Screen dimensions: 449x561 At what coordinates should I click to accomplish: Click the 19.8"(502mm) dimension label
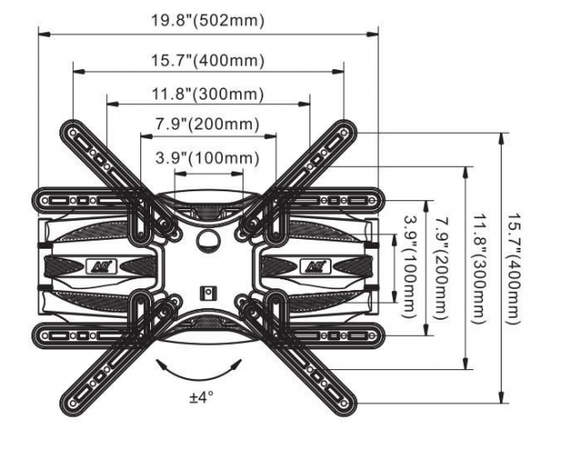[207, 21]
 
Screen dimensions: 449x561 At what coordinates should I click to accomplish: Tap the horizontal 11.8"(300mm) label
[207, 93]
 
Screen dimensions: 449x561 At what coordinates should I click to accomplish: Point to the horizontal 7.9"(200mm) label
[207, 124]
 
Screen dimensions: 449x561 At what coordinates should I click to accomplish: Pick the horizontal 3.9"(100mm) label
[207, 157]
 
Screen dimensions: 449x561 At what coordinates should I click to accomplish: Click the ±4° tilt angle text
[200, 396]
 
